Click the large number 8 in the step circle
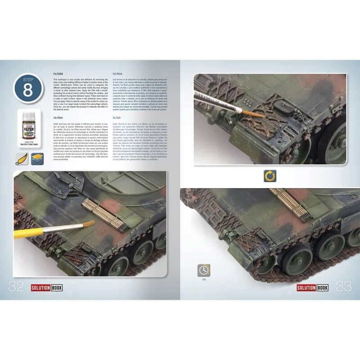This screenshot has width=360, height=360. tap(27, 90)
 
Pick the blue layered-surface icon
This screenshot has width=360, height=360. tap(37, 159)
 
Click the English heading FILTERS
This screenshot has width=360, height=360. tap(58, 73)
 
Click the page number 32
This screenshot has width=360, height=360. tap(16, 286)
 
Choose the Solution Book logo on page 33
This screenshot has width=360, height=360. tap(312, 287)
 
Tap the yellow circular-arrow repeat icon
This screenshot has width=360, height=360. tap(270, 176)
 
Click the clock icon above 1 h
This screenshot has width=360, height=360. tap(203, 270)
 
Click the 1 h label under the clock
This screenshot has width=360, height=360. tap(203, 279)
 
